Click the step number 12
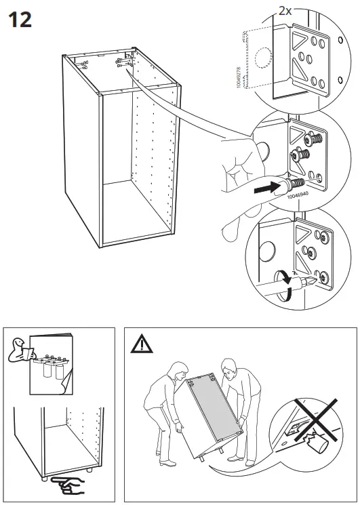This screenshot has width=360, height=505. (20, 20)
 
